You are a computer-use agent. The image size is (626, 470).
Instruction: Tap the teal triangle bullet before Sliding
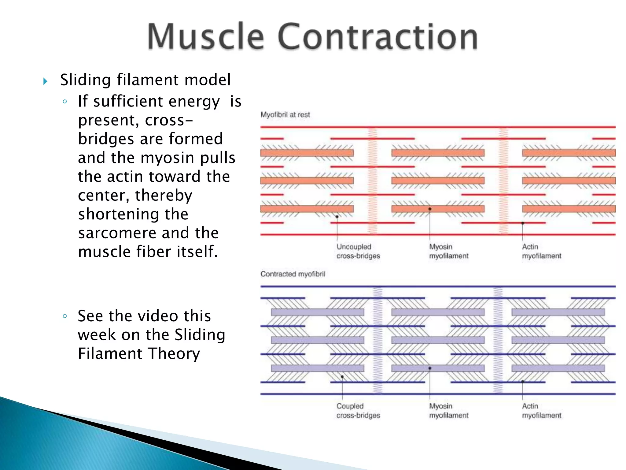[x=45, y=81]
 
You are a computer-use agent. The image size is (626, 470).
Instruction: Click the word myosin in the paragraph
[x=167, y=158]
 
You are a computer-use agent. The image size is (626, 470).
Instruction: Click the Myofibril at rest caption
[x=285, y=115]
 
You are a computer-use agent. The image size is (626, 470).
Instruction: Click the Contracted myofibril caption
[x=293, y=274]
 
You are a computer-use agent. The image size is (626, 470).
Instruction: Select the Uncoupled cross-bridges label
[x=358, y=251]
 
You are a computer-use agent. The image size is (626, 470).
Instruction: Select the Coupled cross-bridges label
[x=358, y=411]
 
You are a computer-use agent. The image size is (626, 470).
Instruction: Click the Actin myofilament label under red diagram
[x=541, y=251]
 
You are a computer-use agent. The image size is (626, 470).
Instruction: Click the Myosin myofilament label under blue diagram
[x=448, y=411]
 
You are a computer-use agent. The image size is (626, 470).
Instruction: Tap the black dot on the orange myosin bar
[x=430, y=209]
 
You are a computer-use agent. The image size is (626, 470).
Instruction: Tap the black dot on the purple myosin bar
[x=430, y=368]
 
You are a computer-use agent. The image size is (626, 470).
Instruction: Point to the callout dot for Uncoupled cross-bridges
[x=337, y=217]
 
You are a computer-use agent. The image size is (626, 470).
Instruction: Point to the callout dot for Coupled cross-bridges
[x=342, y=377]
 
